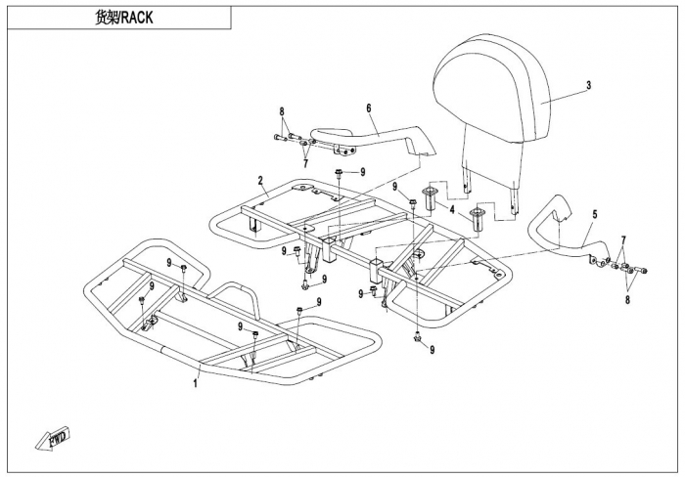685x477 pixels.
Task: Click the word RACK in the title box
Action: (x=137, y=18)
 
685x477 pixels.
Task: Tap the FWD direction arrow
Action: (x=53, y=438)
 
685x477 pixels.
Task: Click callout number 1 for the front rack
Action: (x=196, y=383)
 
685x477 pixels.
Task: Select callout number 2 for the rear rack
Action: (x=260, y=180)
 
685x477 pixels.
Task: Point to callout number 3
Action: (x=588, y=85)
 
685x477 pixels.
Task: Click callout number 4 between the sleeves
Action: (x=452, y=210)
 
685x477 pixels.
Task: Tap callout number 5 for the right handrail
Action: (x=595, y=214)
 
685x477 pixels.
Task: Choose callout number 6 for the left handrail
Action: (x=369, y=108)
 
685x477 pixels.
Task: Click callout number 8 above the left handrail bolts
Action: (x=282, y=111)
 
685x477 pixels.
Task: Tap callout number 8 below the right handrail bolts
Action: (x=628, y=300)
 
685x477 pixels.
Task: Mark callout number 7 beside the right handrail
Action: (x=623, y=239)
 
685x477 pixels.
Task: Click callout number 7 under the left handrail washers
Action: (x=305, y=163)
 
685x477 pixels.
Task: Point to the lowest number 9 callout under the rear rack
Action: (x=433, y=350)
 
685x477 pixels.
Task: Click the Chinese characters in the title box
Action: (x=106, y=18)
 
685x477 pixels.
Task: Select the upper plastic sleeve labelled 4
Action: (x=429, y=198)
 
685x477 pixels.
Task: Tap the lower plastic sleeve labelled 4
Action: (x=478, y=221)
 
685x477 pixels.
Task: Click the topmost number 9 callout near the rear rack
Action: (x=363, y=172)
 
